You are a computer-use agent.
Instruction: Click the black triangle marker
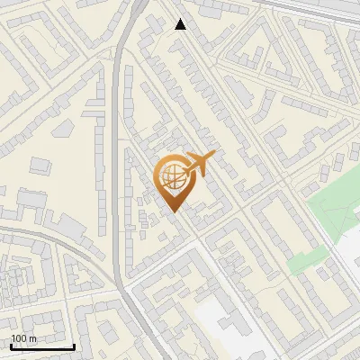pyautogui.click(x=181, y=24)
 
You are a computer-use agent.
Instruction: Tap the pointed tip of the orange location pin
pyautogui.click(x=174, y=211)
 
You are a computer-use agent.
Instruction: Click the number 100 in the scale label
pyautogui.click(x=19, y=338)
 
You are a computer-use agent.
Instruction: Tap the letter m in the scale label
pyautogui.click(x=32, y=338)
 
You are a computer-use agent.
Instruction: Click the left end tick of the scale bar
pyautogui.click(x=11, y=346)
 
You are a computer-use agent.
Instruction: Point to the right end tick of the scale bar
pyautogui.click(x=74, y=346)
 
